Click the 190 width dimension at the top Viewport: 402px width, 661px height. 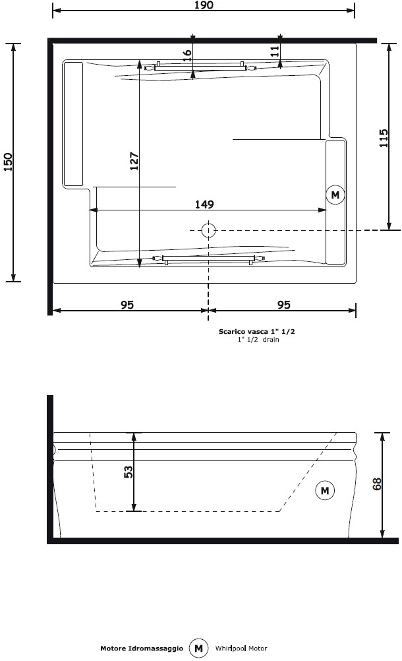coord(204,5)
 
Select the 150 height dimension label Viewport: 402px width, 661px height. coord(8,162)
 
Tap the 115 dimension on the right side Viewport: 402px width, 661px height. coord(384,138)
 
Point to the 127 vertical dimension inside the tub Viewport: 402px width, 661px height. coord(134,161)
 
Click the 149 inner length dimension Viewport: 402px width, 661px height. coord(204,205)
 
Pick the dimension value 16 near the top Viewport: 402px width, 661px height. coord(187,55)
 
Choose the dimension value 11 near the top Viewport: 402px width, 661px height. coord(274,51)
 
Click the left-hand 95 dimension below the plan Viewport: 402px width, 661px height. coord(127,304)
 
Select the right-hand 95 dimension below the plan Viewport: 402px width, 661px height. coord(284,304)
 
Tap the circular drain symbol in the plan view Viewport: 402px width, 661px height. coord(208,230)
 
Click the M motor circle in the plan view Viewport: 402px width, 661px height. coord(335,195)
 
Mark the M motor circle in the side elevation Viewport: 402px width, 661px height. coord(325,490)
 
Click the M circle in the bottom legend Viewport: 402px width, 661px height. coord(198,648)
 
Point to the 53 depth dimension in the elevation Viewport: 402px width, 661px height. coord(129,472)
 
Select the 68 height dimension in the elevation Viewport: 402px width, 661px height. coord(377,484)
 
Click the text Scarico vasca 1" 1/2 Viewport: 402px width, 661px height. coord(257,331)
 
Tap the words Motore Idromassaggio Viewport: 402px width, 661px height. coord(142,648)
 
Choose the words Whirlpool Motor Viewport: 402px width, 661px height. coord(241,648)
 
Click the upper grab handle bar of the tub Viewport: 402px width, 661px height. coord(201,67)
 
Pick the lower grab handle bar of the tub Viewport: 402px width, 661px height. coord(208,259)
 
